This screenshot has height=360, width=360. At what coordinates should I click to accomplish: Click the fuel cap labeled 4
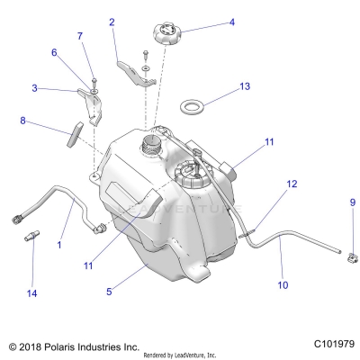pos(167,34)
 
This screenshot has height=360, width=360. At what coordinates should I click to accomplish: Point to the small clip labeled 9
pos(352,257)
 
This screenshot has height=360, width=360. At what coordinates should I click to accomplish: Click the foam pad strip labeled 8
pos(75,134)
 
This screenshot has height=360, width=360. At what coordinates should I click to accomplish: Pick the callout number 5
pos(109,291)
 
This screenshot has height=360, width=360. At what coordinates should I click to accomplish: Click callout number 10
pos(283,285)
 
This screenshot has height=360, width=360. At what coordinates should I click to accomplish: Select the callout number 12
pos(292,184)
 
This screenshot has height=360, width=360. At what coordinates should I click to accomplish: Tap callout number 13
pos(245,86)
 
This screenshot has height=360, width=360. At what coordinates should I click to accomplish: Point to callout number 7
pos(80,36)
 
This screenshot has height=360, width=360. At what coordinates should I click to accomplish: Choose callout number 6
pos(54,52)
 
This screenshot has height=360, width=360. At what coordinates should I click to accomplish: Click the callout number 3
pos(35,88)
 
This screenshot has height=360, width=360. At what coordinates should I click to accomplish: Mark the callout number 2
pos(112,22)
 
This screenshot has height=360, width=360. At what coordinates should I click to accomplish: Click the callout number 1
pos(59,245)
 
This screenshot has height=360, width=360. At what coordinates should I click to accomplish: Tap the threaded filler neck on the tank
pos(151,143)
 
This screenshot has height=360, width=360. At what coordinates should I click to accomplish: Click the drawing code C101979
pos(334,344)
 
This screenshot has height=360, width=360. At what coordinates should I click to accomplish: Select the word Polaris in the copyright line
pos(60,347)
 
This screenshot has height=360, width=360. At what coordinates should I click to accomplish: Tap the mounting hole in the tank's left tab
pos(94,175)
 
